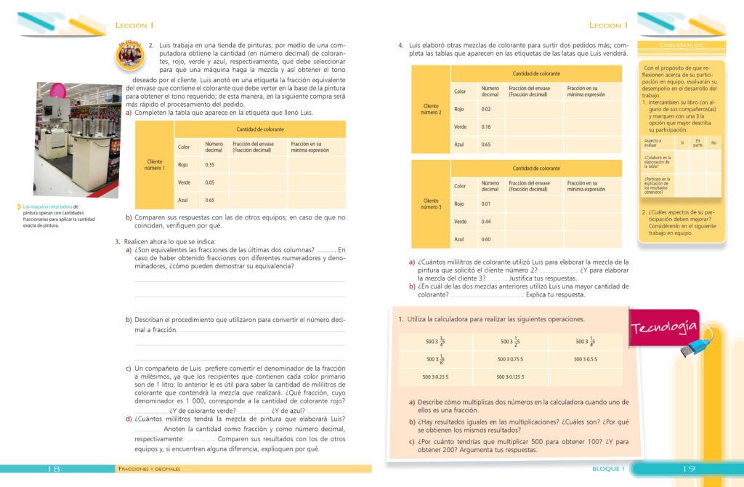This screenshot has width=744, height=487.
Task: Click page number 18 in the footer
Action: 54,469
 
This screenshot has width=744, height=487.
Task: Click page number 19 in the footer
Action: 690,469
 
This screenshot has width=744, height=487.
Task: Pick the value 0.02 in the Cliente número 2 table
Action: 486,109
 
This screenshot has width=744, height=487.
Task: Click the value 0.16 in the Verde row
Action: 486,126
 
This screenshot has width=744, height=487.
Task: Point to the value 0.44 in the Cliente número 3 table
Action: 486,221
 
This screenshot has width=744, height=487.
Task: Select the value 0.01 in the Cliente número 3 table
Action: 486,204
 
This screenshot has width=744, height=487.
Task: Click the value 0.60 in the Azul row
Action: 486,239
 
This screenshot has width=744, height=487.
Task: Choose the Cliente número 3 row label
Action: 431,204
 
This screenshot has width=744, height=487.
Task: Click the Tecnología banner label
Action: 665,328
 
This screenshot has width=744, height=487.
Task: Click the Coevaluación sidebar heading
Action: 682,45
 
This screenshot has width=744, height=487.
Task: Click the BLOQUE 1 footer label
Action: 609,469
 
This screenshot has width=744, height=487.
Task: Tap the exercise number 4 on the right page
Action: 401,45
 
